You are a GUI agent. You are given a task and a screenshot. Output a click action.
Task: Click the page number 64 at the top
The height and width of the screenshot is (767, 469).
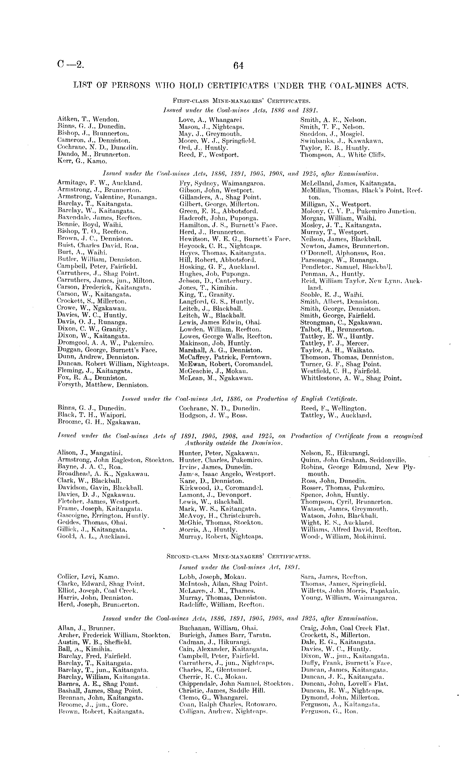tap(238, 66)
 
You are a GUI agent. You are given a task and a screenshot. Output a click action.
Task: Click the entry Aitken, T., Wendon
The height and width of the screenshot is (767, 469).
tap(88, 119)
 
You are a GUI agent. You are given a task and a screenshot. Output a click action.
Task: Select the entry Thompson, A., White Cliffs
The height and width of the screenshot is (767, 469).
tap(343, 154)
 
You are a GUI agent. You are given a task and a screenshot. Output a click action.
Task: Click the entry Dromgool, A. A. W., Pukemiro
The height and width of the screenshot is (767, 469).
tap(105, 343)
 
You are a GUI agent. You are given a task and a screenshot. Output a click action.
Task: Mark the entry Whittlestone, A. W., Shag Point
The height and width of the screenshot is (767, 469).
tap(351, 378)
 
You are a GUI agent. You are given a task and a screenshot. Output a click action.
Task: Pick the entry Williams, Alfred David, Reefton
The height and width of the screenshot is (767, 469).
tap(351, 529)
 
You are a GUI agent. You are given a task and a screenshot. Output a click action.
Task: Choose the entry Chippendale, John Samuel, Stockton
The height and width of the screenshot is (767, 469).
tap(236, 684)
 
